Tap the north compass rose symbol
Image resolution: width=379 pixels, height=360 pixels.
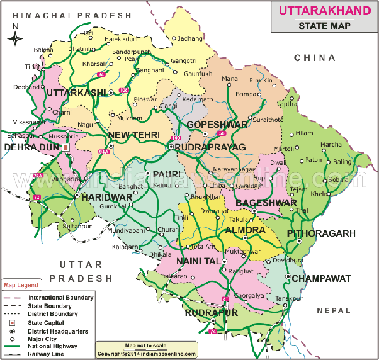[15, 38]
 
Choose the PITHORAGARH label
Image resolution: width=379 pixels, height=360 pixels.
[321, 233]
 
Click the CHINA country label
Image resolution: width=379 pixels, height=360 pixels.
[314, 58]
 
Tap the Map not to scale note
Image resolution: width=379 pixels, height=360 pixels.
[145, 346]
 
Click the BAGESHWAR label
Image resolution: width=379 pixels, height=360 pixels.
[266, 203]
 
